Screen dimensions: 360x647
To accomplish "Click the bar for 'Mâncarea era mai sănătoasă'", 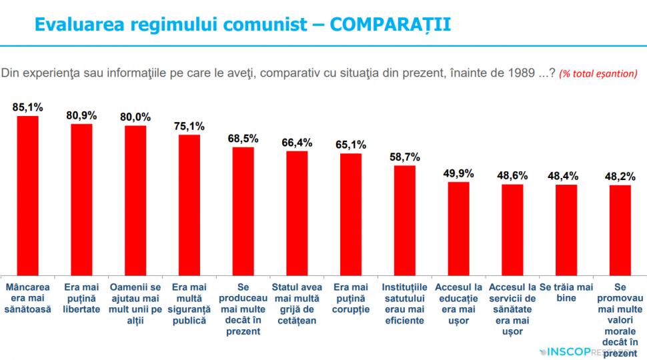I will (27, 195).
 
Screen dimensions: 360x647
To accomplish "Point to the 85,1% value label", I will (27, 106).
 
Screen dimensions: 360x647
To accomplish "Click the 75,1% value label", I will (189, 125).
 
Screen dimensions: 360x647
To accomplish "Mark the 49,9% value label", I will (458, 173).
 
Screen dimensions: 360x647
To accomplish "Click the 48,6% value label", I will (512, 175).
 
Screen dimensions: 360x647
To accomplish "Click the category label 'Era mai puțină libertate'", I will (81, 298).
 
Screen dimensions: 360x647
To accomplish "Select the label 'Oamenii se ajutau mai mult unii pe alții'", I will (135, 303).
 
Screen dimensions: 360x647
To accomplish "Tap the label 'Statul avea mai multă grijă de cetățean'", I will (297, 303).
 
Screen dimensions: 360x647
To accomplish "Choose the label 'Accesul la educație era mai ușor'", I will (458, 303).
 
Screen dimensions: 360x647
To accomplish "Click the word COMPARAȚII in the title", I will (390, 24).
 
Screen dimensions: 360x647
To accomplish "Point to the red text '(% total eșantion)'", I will (598, 73).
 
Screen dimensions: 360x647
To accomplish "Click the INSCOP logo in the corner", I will (587, 350).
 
